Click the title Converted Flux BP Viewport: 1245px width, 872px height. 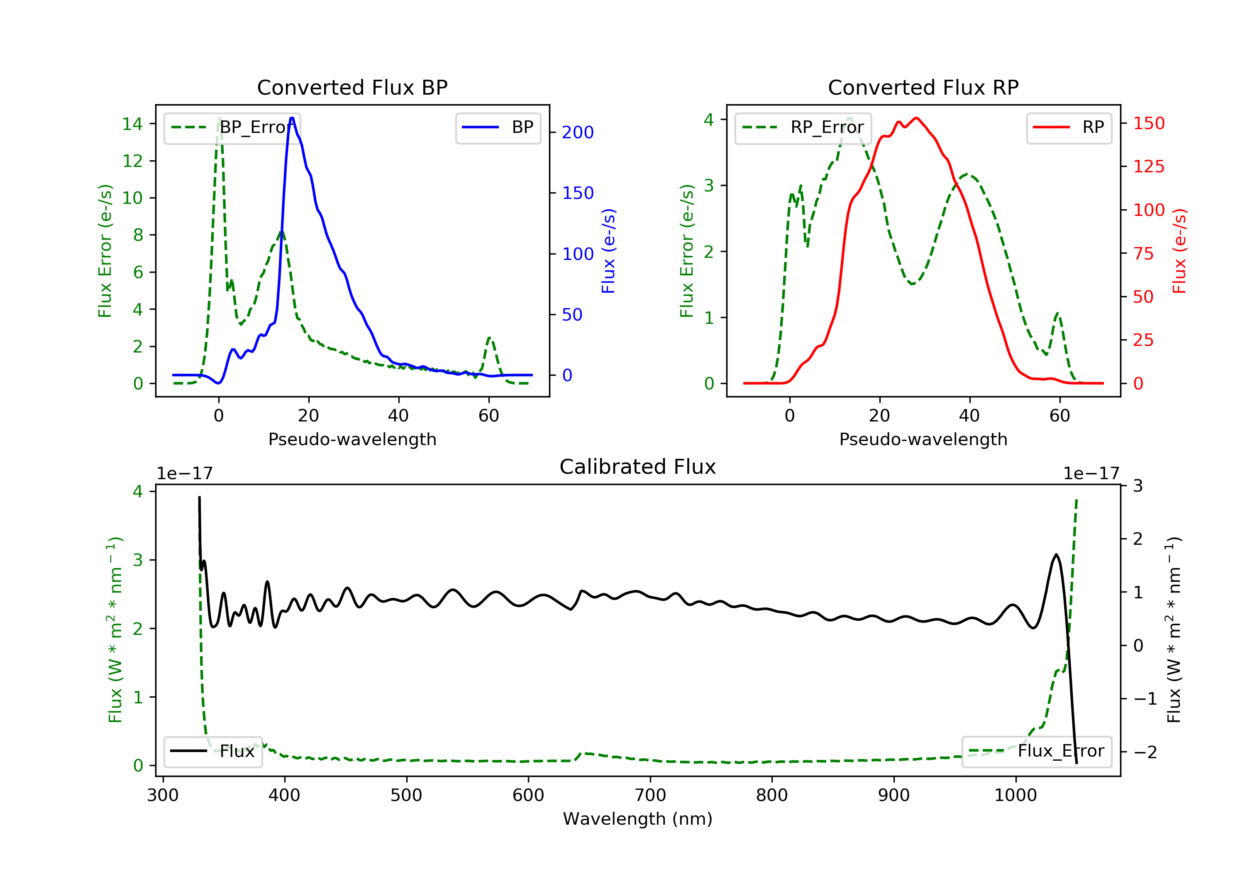[352, 87]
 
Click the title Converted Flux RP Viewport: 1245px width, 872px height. [923, 87]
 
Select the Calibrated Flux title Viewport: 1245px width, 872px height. [638, 467]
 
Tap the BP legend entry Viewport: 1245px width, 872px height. [498, 127]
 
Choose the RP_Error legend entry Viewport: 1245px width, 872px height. [803, 127]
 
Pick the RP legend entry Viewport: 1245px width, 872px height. [1069, 127]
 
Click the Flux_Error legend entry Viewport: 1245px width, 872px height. [1036, 751]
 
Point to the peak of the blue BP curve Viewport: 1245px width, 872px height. [292, 118]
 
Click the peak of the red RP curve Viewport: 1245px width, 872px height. [916, 118]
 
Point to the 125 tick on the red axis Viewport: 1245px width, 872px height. [1148, 167]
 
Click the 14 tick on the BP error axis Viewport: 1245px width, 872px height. [132, 124]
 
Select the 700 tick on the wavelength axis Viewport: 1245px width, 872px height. [650, 796]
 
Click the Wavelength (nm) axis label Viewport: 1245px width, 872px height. [638, 819]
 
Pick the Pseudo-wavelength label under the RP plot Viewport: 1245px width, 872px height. [923, 439]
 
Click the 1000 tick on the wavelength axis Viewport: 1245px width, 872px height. [1015, 796]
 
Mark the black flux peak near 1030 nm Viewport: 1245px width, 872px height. [1056, 555]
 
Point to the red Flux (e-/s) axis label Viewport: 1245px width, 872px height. [1179, 251]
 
